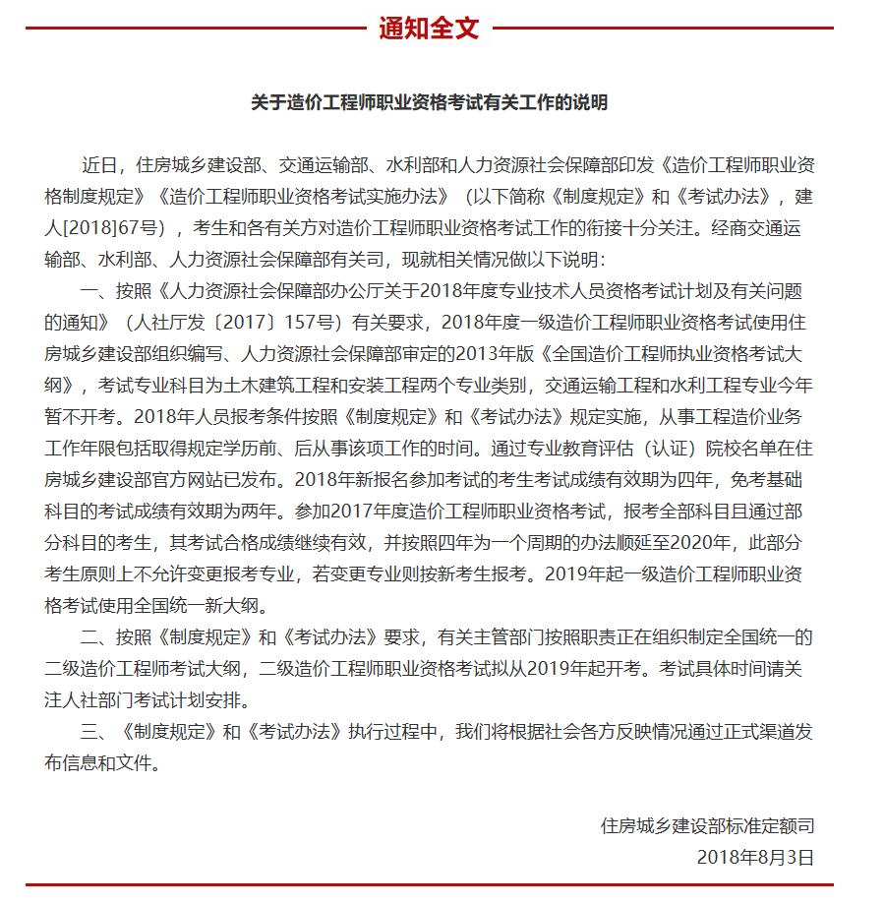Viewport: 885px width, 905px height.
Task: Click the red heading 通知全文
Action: pos(429,29)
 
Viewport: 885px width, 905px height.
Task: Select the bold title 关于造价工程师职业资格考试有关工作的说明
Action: pos(429,102)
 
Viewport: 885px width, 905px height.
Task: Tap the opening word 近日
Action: pos(100,164)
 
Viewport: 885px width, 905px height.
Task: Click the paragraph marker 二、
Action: pos(96,637)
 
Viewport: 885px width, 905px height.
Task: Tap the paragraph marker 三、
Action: pos(96,732)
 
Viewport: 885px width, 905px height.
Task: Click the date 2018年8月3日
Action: pos(755,857)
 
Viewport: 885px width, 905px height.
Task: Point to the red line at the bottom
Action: pos(429,886)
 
